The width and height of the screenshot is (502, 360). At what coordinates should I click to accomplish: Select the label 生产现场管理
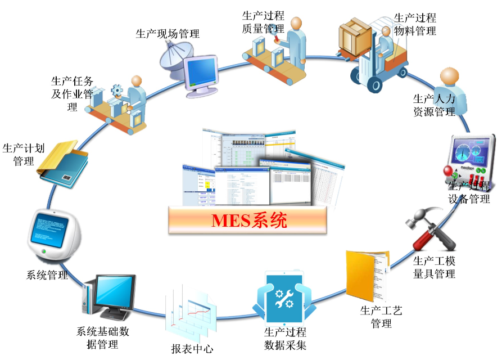[x=168, y=34]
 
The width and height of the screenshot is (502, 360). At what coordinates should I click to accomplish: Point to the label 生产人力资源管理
[x=434, y=106]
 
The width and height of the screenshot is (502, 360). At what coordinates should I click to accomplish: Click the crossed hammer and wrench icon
[x=433, y=231]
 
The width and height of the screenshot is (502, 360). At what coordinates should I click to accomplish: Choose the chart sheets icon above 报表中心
[x=190, y=312]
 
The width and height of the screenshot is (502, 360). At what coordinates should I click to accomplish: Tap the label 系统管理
[x=47, y=275]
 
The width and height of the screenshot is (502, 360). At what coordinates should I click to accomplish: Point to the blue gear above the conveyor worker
[x=116, y=89]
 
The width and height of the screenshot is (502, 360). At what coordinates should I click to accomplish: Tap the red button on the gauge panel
[x=449, y=172]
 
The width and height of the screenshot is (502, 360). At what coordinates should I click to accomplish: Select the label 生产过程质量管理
[x=263, y=21]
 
